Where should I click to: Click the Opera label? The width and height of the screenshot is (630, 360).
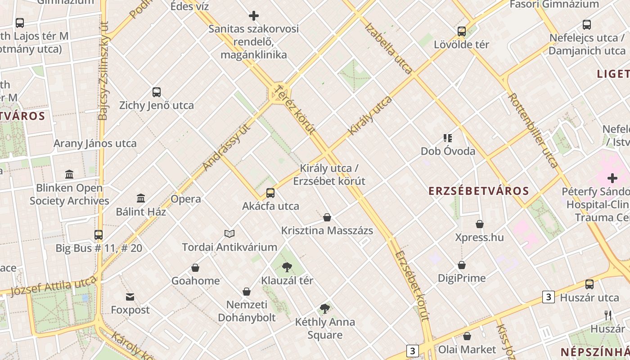[x=186, y=199]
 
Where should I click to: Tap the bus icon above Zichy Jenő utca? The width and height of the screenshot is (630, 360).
[x=157, y=92]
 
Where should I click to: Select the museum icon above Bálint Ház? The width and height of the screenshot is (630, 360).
[x=141, y=198]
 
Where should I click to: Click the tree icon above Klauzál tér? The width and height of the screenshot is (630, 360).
[x=287, y=267]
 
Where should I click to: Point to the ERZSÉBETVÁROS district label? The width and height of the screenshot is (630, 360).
[x=479, y=191]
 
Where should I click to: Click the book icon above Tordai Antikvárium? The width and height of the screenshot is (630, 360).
[x=229, y=234]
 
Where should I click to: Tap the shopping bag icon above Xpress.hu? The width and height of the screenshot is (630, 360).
[x=480, y=224]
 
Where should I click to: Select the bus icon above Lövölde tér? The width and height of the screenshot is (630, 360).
[x=462, y=31]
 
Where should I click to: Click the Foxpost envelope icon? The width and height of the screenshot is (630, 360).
[x=130, y=297]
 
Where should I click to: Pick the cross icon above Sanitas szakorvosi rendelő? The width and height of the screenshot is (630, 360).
[x=254, y=16]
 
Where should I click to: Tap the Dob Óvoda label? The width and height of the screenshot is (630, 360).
[x=448, y=151]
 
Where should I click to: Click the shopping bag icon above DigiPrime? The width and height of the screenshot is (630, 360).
[x=462, y=265]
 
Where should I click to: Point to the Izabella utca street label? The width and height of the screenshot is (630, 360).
[x=388, y=48]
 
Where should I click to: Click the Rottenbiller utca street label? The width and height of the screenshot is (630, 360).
[x=533, y=130]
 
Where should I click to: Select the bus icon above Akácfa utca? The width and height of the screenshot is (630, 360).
[x=270, y=193]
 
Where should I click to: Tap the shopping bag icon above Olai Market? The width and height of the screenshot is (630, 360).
[x=467, y=336]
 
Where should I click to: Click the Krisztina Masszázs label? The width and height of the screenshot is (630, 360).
[x=327, y=231]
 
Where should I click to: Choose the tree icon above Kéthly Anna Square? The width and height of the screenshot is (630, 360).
[x=325, y=309]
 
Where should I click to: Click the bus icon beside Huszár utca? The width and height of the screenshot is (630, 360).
[x=589, y=284]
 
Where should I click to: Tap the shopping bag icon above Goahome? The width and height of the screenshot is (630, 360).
[x=195, y=268]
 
